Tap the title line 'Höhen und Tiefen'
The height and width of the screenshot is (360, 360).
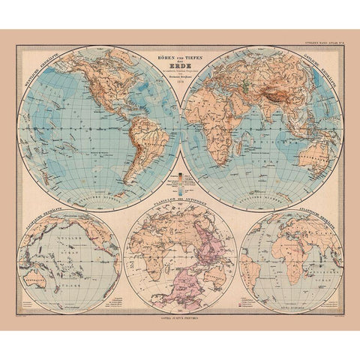click(x=180, y=57)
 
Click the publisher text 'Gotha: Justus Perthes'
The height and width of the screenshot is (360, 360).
click(x=180, y=322)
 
